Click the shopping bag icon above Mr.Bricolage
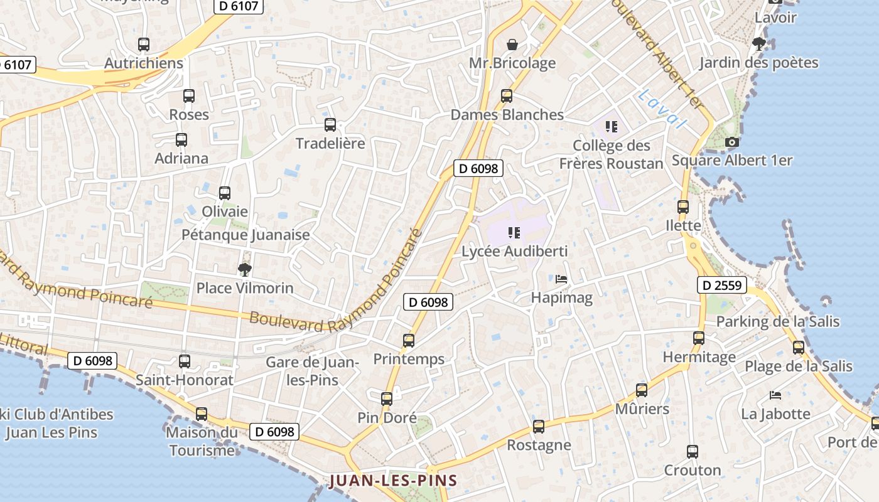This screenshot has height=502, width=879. pos(512,45)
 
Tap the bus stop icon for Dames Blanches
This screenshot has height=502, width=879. pos(507,96)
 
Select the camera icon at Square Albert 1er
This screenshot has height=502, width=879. pos(731,142)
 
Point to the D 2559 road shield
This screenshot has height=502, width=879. pos(721,286)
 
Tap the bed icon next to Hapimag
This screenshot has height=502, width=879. pos(561,279)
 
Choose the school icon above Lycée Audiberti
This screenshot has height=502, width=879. pos(514,233)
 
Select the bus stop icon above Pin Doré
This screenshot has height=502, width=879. pos(387,398)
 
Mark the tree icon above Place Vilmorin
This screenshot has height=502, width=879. pos(244,270)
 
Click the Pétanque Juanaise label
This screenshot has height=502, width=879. pos(245,235)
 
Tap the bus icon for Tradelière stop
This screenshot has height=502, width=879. pos(330,125)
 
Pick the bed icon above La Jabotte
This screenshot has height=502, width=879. pos(775,395)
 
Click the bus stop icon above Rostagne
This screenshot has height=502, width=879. pos(539,427)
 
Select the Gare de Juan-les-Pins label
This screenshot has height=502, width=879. pos(312,371)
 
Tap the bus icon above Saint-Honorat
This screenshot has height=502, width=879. pos(185,361)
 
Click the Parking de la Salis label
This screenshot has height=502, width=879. pos(778,321)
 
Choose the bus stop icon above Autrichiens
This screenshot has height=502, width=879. pos(144,45)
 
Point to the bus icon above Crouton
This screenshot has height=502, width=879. pos(693,452)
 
